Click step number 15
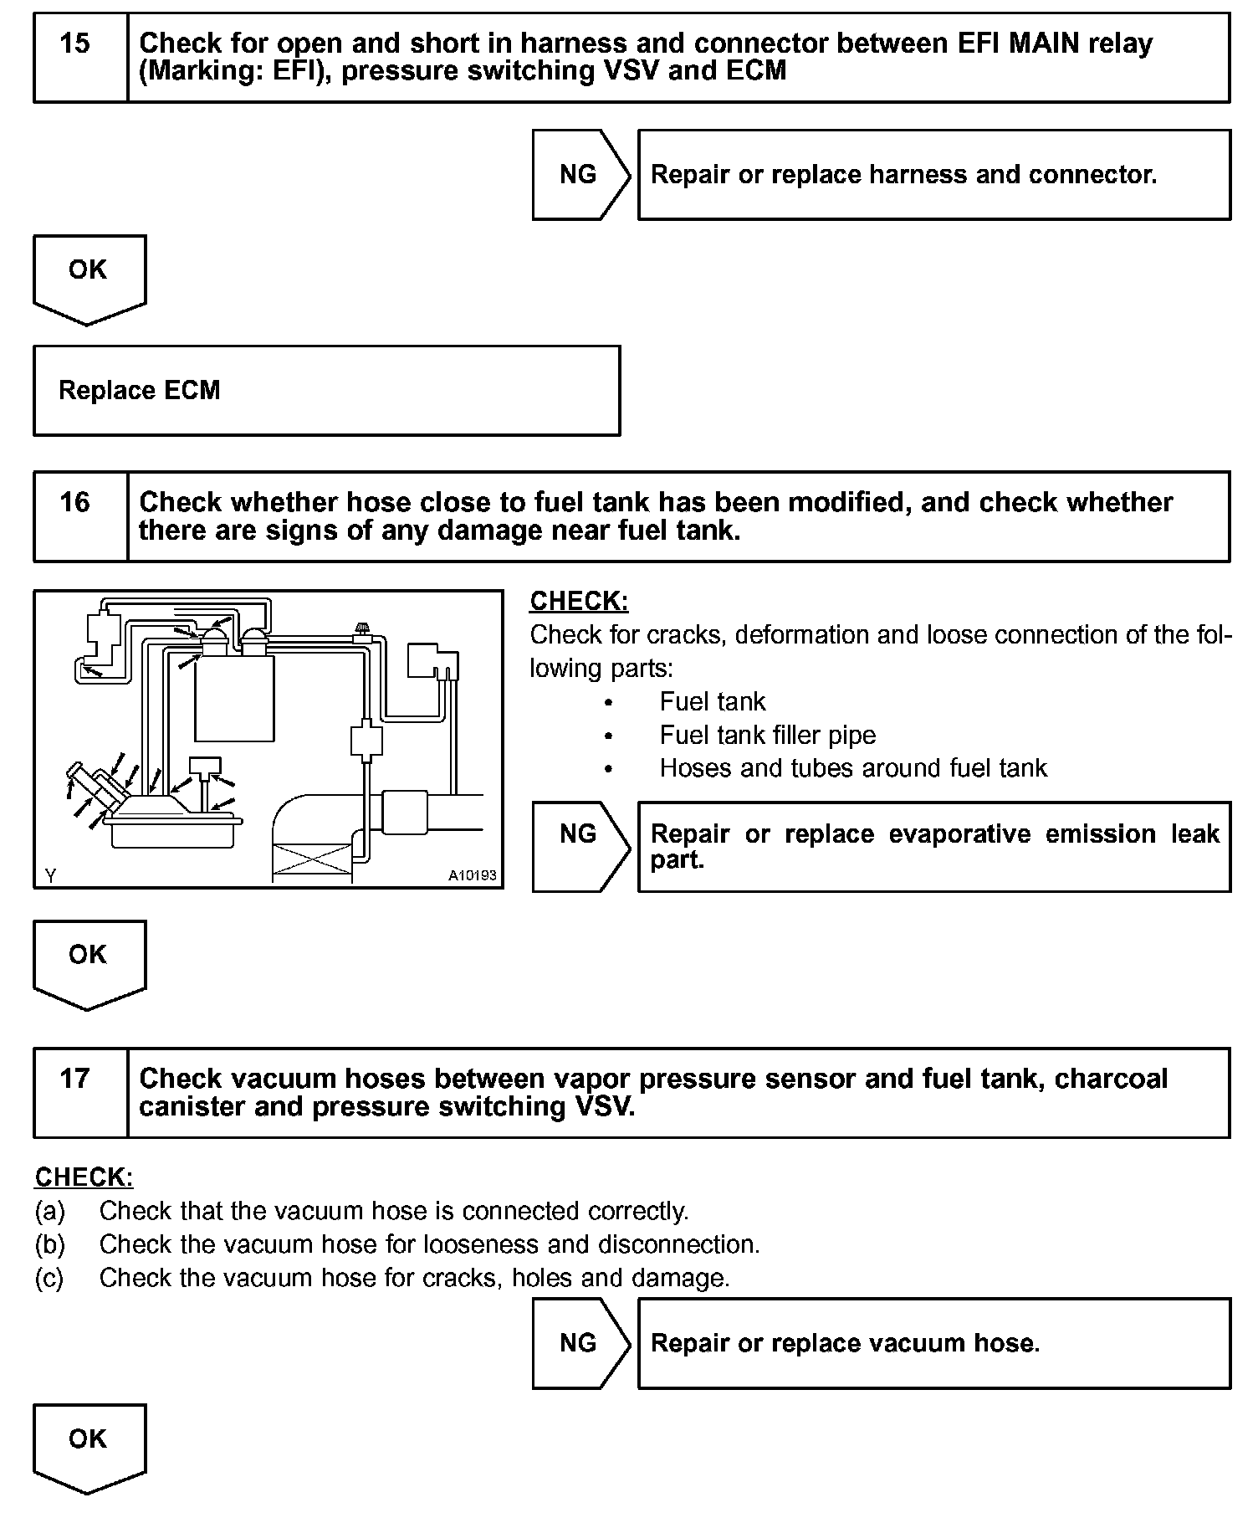click(x=75, y=44)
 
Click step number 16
click(x=75, y=502)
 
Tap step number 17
click(x=75, y=1078)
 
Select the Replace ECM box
click(x=326, y=391)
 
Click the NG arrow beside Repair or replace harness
click(x=580, y=175)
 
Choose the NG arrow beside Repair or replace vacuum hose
click(x=580, y=1343)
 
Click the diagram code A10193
click(x=472, y=875)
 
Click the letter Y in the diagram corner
click(x=51, y=875)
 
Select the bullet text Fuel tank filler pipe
click(x=767, y=736)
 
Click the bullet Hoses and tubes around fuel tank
click(x=852, y=768)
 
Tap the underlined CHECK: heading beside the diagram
click(x=579, y=602)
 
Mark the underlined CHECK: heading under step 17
click(x=84, y=1177)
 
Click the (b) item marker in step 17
click(x=50, y=1244)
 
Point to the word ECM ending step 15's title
click(x=756, y=71)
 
